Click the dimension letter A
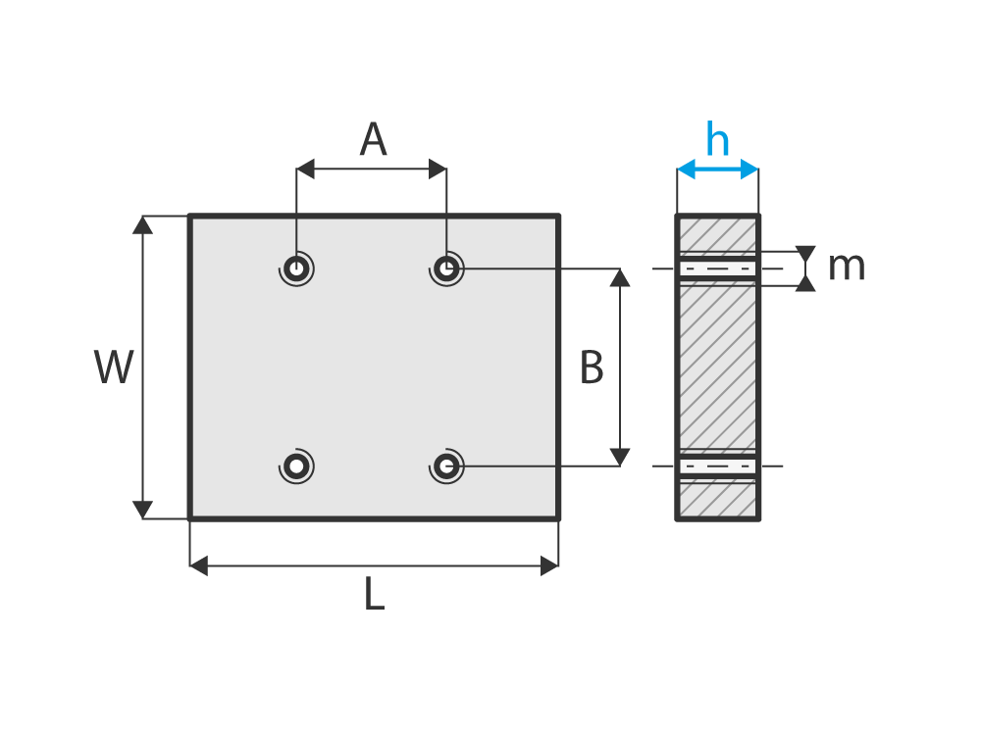click(373, 140)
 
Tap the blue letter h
click(718, 140)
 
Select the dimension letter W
click(114, 367)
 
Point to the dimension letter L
click(374, 595)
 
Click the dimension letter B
click(592, 368)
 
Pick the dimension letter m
click(846, 267)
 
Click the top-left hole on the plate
click(296, 268)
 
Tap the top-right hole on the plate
click(446, 268)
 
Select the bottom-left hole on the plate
click(296, 465)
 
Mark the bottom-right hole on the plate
click(446, 465)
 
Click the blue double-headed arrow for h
click(717, 170)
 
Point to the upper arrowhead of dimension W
click(143, 224)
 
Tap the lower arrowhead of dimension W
click(143, 510)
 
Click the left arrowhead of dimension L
click(199, 565)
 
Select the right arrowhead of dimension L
click(549, 565)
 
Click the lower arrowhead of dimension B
click(619, 457)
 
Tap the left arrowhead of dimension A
click(306, 170)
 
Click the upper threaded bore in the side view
click(717, 268)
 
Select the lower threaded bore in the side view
click(717, 466)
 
